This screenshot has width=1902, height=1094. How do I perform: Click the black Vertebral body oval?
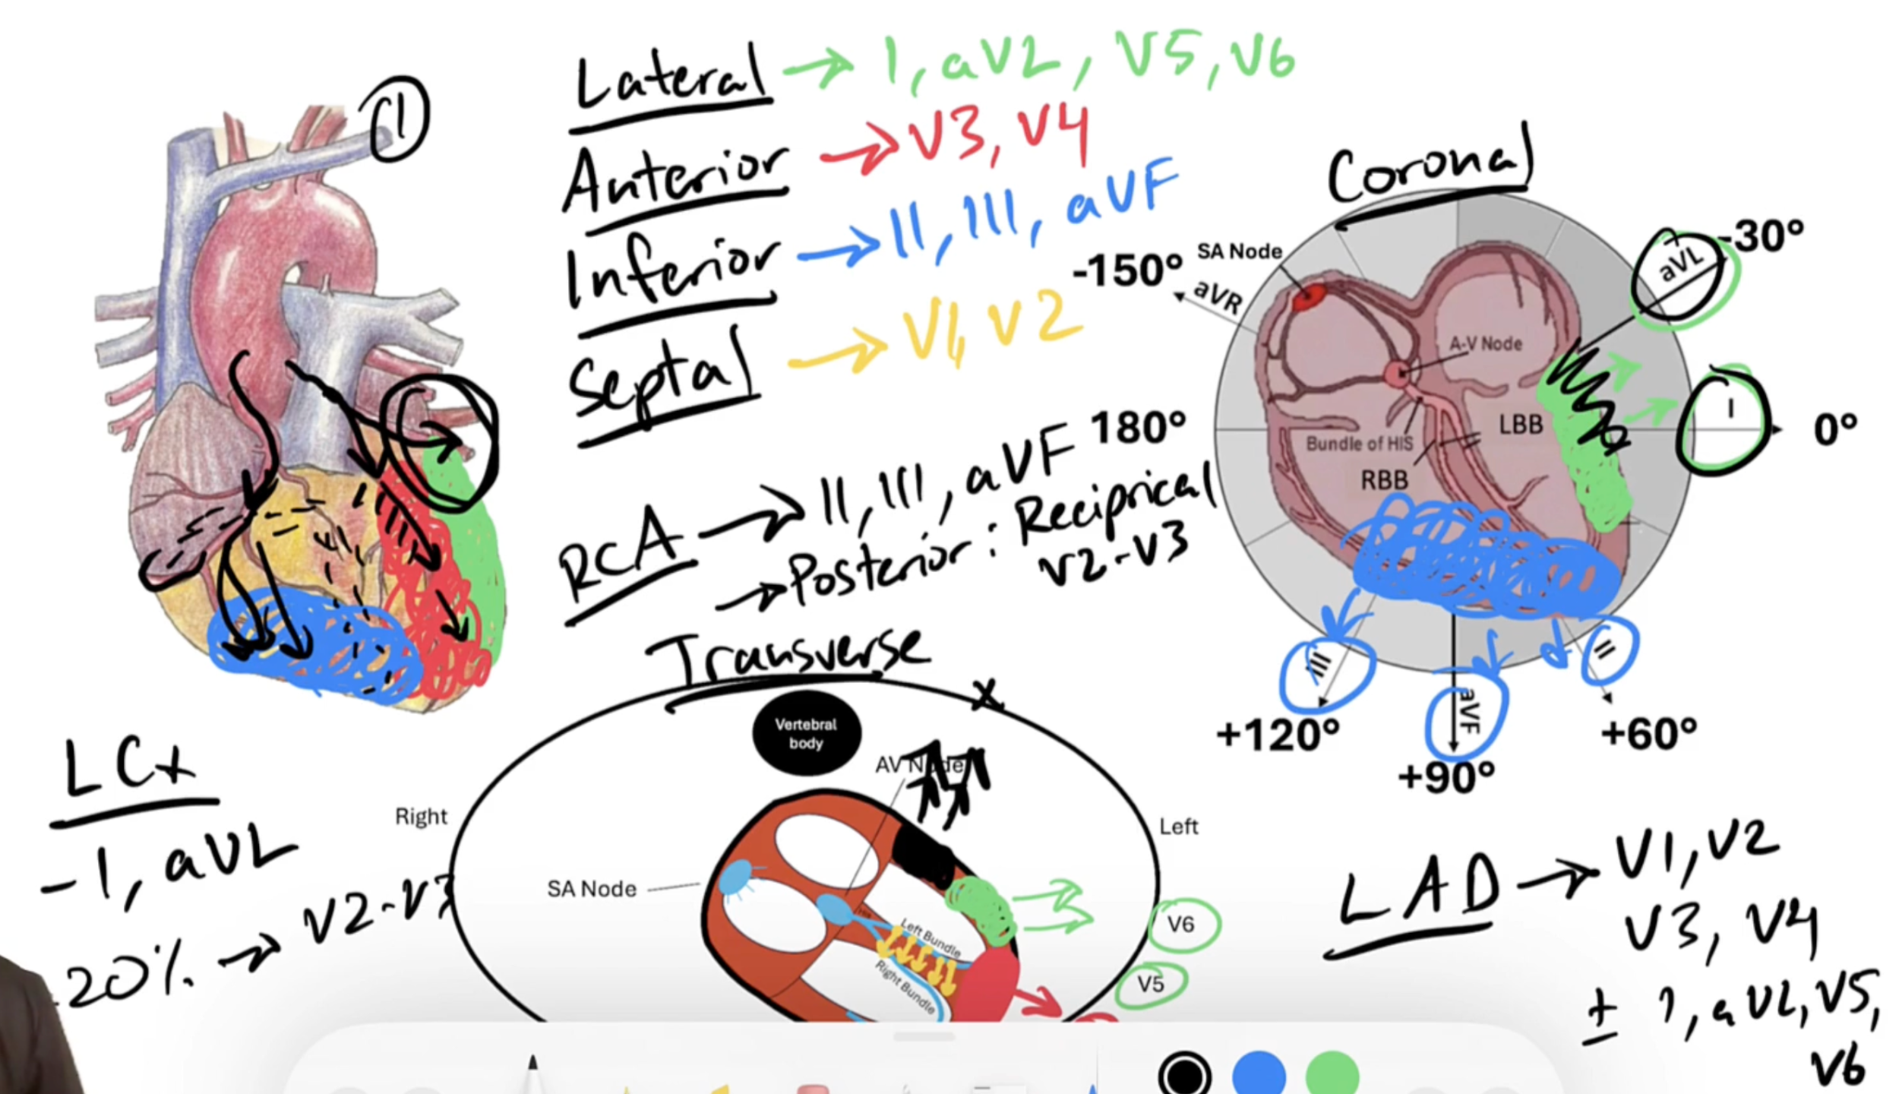806,733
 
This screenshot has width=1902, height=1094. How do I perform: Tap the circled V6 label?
1180,925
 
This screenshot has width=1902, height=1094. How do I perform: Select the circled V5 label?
1151,984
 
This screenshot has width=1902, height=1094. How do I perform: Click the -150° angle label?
1127,270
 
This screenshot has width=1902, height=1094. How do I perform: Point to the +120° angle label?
1278,735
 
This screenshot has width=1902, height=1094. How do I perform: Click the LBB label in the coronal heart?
1521,425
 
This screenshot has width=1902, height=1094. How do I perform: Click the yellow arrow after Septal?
836,353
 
